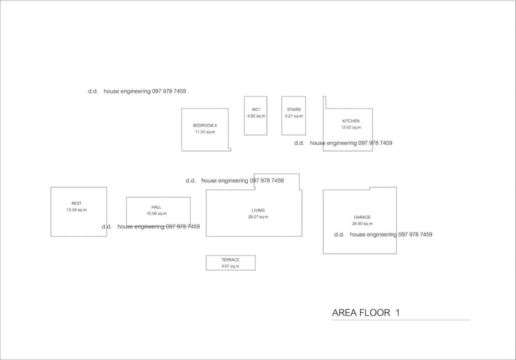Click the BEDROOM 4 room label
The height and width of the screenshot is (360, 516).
[x=204, y=125]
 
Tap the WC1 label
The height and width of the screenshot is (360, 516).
[x=256, y=109]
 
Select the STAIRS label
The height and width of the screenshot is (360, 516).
[x=294, y=109]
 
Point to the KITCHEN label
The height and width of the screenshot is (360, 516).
[x=351, y=121]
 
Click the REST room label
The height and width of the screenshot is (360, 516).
[x=76, y=203]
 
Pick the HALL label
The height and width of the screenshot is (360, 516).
[x=156, y=207]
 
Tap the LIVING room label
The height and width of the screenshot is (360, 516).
[x=258, y=211]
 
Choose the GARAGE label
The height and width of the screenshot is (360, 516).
[x=362, y=217]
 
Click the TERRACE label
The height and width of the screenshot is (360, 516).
[x=230, y=260]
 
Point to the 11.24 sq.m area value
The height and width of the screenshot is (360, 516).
[x=204, y=132]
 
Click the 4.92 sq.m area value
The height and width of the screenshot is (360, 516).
[x=256, y=116]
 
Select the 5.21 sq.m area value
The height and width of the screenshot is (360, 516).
[x=294, y=116]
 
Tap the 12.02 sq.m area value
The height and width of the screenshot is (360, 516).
[x=351, y=127]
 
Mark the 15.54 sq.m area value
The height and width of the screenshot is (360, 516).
[x=76, y=210]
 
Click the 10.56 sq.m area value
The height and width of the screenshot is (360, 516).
[x=156, y=213]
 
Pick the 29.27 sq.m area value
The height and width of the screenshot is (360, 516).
[x=258, y=217]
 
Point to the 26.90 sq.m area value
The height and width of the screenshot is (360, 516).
[x=362, y=223]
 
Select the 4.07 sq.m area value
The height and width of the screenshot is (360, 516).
[x=230, y=266]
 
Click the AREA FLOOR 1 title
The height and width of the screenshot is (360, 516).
[x=366, y=313]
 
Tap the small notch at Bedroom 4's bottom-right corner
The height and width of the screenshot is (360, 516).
[x=230, y=149]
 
